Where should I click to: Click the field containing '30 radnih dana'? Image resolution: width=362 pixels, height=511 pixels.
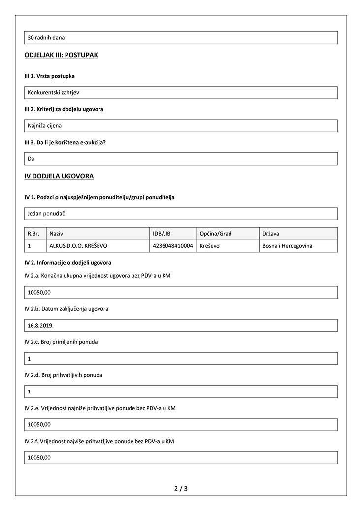[46, 38]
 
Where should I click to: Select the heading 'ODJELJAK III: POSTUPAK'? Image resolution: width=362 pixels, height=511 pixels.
[61, 55]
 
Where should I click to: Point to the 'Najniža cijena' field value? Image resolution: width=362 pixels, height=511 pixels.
[45, 125]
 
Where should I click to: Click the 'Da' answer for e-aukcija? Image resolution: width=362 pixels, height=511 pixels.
[31, 158]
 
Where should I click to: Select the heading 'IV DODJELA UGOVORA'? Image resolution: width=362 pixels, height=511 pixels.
[59, 176]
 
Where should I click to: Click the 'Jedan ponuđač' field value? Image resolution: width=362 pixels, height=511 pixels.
[47, 213]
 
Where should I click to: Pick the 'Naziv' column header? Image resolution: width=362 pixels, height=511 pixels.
[57, 234]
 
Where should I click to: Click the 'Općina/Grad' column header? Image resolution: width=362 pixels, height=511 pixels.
[216, 234]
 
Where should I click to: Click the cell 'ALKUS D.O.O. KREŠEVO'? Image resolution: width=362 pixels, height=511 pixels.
[79, 246]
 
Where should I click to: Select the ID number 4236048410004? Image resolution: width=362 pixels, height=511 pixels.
[173, 246]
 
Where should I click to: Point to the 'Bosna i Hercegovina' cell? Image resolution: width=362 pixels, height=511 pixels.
[288, 246]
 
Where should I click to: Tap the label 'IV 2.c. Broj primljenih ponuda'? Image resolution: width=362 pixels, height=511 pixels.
[61, 342]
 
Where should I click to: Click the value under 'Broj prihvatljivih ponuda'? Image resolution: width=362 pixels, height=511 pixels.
[30, 391]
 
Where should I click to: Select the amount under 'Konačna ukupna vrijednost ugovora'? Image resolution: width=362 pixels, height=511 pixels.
[39, 292]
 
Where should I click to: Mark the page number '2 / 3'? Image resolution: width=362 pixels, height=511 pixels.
[181, 489]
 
